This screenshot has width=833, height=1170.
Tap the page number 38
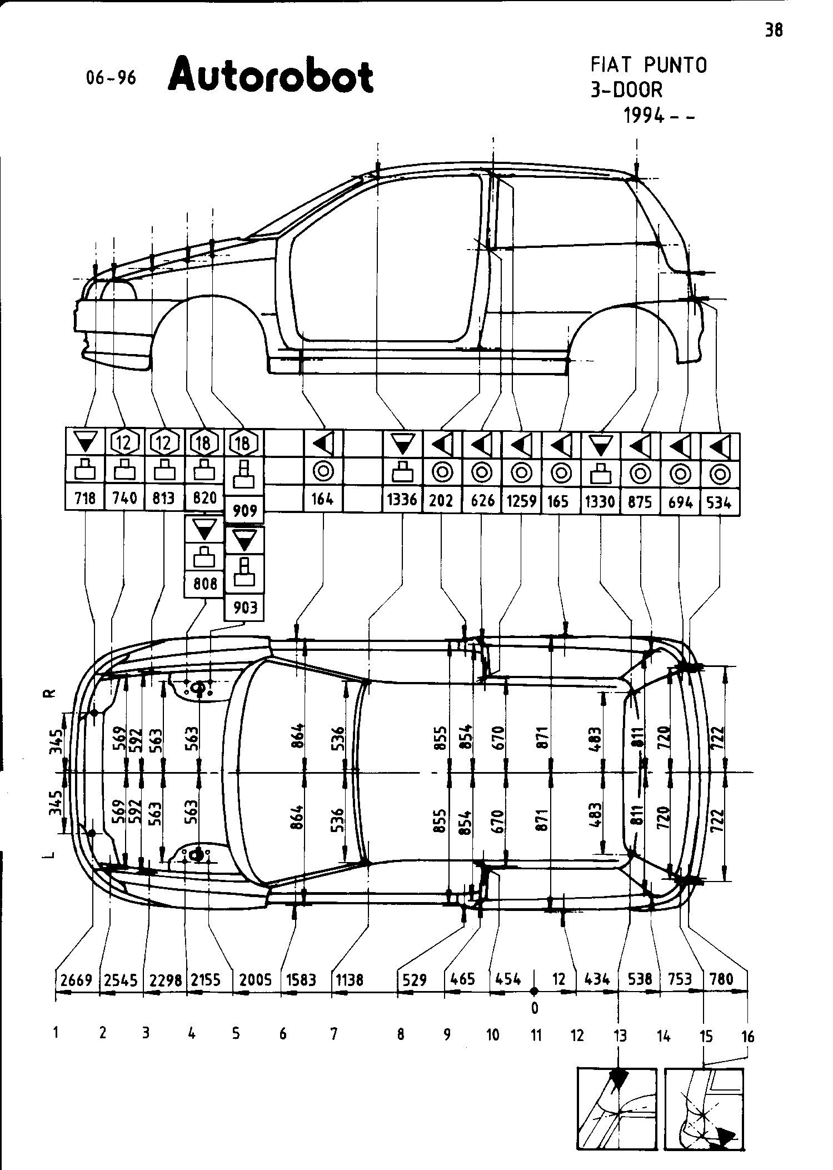[774, 30]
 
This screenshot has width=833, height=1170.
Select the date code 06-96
[111, 78]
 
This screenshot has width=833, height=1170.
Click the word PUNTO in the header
[675, 66]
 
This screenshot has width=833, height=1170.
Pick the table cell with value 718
[85, 498]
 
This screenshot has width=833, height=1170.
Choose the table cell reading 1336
[402, 499]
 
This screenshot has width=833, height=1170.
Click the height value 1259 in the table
[521, 501]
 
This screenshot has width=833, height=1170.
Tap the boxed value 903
[245, 607]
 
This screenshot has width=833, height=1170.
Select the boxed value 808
[204, 584]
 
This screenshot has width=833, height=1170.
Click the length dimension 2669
[76, 980]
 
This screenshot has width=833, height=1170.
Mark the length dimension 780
[722, 979]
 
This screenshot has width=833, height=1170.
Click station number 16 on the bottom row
[748, 1036]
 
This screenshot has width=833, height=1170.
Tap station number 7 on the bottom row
[333, 1034]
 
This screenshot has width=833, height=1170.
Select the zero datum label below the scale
[535, 1007]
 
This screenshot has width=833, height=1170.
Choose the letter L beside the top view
[49, 854]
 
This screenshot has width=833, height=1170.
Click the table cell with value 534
[719, 502]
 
